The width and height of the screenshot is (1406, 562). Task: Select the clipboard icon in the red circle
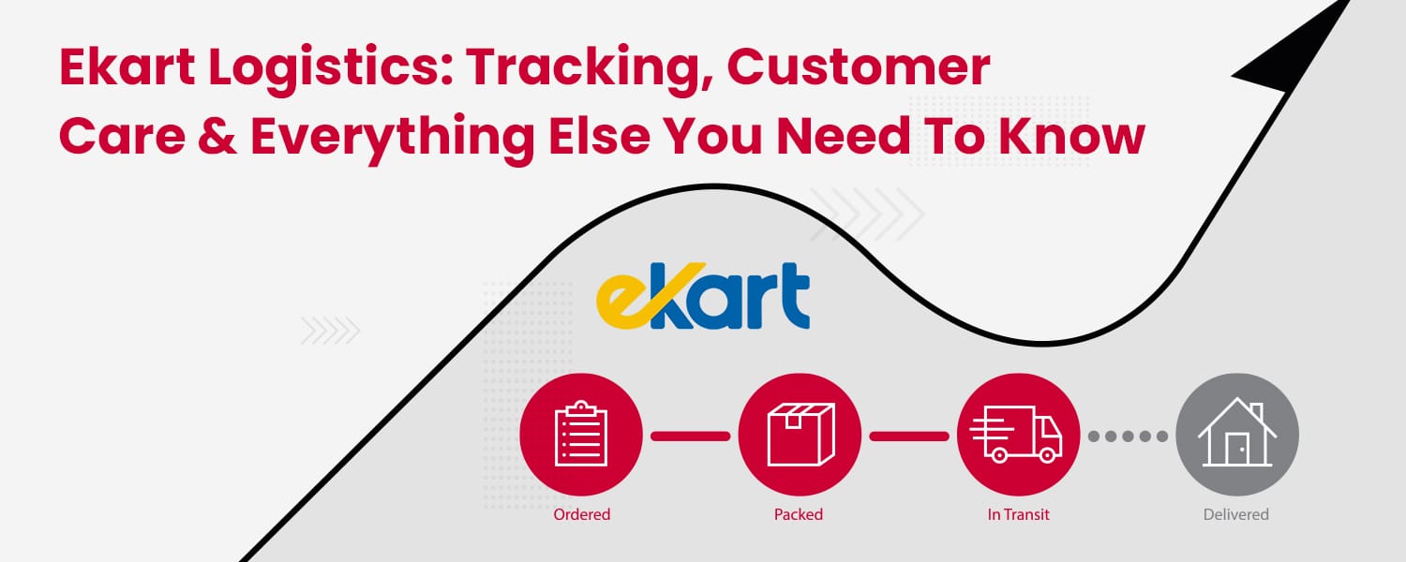(x=581, y=434)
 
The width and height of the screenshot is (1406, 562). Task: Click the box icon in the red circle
(x=800, y=434)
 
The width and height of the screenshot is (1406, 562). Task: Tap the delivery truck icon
(x=1018, y=434)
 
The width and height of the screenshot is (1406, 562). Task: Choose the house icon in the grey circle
(x=1237, y=434)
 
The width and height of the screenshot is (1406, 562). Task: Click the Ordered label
(x=581, y=514)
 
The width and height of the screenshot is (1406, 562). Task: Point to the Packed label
(x=799, y=514)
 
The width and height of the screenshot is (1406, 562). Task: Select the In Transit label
(x=1018, y=514)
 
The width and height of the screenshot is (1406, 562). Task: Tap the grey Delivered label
(x=1236, y=514)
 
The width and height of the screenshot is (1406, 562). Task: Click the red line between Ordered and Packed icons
(x=690, y=436)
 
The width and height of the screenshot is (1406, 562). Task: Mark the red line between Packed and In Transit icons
(x=908, y=436)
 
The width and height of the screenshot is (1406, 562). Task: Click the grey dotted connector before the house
(x=1128, y=436)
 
